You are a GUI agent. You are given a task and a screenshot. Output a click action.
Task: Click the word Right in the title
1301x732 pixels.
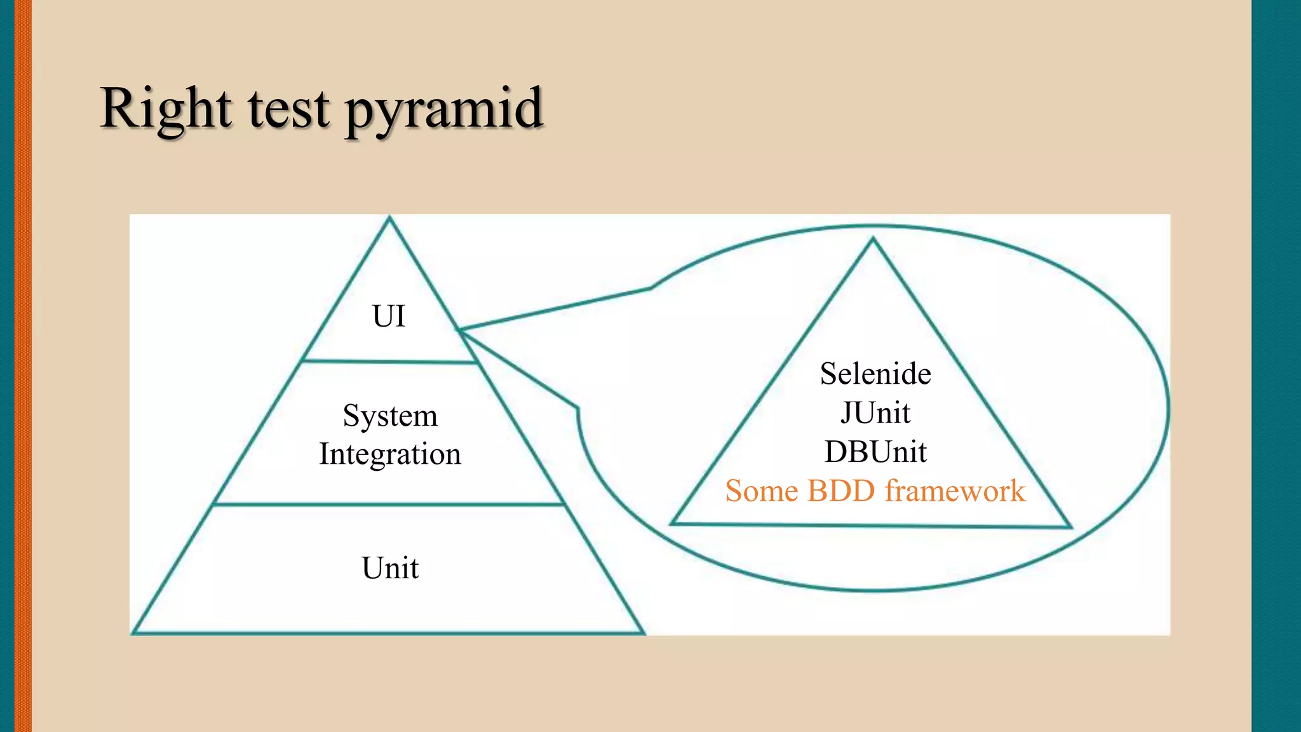click(x=166, y=109)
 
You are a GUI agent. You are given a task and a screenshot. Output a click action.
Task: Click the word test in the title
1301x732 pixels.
click(x=289, y=109)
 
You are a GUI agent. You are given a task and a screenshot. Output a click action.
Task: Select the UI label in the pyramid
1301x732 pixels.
click(x=388, y=316)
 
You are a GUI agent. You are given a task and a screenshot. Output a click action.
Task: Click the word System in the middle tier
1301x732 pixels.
click(x=390, y=416)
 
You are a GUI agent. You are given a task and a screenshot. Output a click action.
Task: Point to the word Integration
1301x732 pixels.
click(x=390, y=454)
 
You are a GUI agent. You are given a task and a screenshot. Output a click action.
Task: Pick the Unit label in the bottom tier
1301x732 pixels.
click(x=390, y=567)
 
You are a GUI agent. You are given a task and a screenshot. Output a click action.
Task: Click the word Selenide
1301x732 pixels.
click(x=875, y=374)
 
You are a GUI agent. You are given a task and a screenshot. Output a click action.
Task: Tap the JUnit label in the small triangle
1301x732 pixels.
click(x=875, y=413)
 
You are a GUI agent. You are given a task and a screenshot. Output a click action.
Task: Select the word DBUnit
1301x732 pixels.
click(x=875, y=452)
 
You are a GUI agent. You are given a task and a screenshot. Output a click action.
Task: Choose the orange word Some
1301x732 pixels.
click(x=761, y=491)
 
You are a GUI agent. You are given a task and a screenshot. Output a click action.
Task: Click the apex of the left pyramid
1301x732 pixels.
click(x=389, y=219)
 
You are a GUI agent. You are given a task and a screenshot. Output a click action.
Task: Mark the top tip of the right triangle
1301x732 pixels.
click(x=873, y=240)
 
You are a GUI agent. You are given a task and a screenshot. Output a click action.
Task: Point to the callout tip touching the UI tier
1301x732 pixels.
click(x=459, y=329)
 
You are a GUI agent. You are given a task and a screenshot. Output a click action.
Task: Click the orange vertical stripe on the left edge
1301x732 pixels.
click(x=22, y=366)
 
